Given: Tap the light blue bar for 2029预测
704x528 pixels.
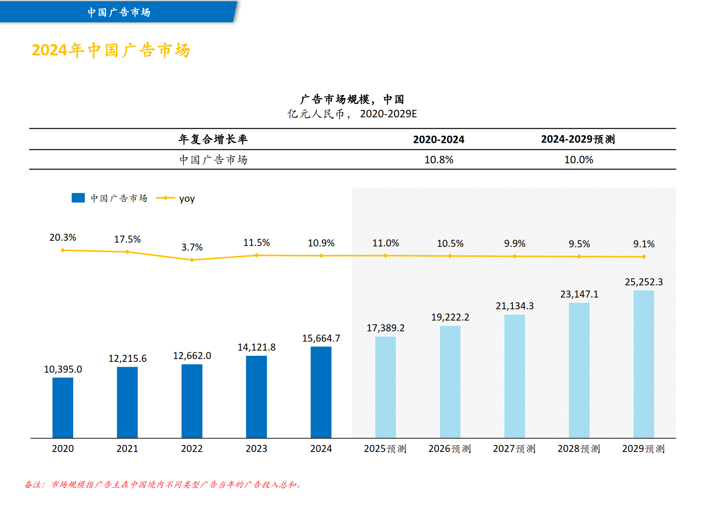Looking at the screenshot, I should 643,364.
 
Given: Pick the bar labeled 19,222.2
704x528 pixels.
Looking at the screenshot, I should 450,382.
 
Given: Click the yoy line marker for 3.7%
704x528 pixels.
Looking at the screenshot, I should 192,260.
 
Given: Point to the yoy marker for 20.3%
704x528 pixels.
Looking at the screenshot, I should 63,250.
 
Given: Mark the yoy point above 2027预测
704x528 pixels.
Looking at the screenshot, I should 515,256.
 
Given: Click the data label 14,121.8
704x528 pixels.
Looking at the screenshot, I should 256,347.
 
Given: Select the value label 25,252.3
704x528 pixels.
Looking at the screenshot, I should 643,282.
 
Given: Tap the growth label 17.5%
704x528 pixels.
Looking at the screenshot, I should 127,239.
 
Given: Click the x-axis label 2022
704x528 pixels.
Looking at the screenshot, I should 192,449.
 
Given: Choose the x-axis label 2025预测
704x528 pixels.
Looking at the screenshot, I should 385,449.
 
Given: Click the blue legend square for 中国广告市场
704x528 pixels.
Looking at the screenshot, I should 78,198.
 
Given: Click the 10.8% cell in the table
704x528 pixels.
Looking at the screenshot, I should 439,160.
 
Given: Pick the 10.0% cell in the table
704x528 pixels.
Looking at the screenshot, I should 578,160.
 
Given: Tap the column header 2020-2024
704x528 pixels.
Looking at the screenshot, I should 438,139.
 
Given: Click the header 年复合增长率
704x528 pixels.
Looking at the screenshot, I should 213,139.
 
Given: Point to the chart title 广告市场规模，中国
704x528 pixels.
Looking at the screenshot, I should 352,99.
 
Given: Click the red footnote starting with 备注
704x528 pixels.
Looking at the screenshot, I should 163,484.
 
